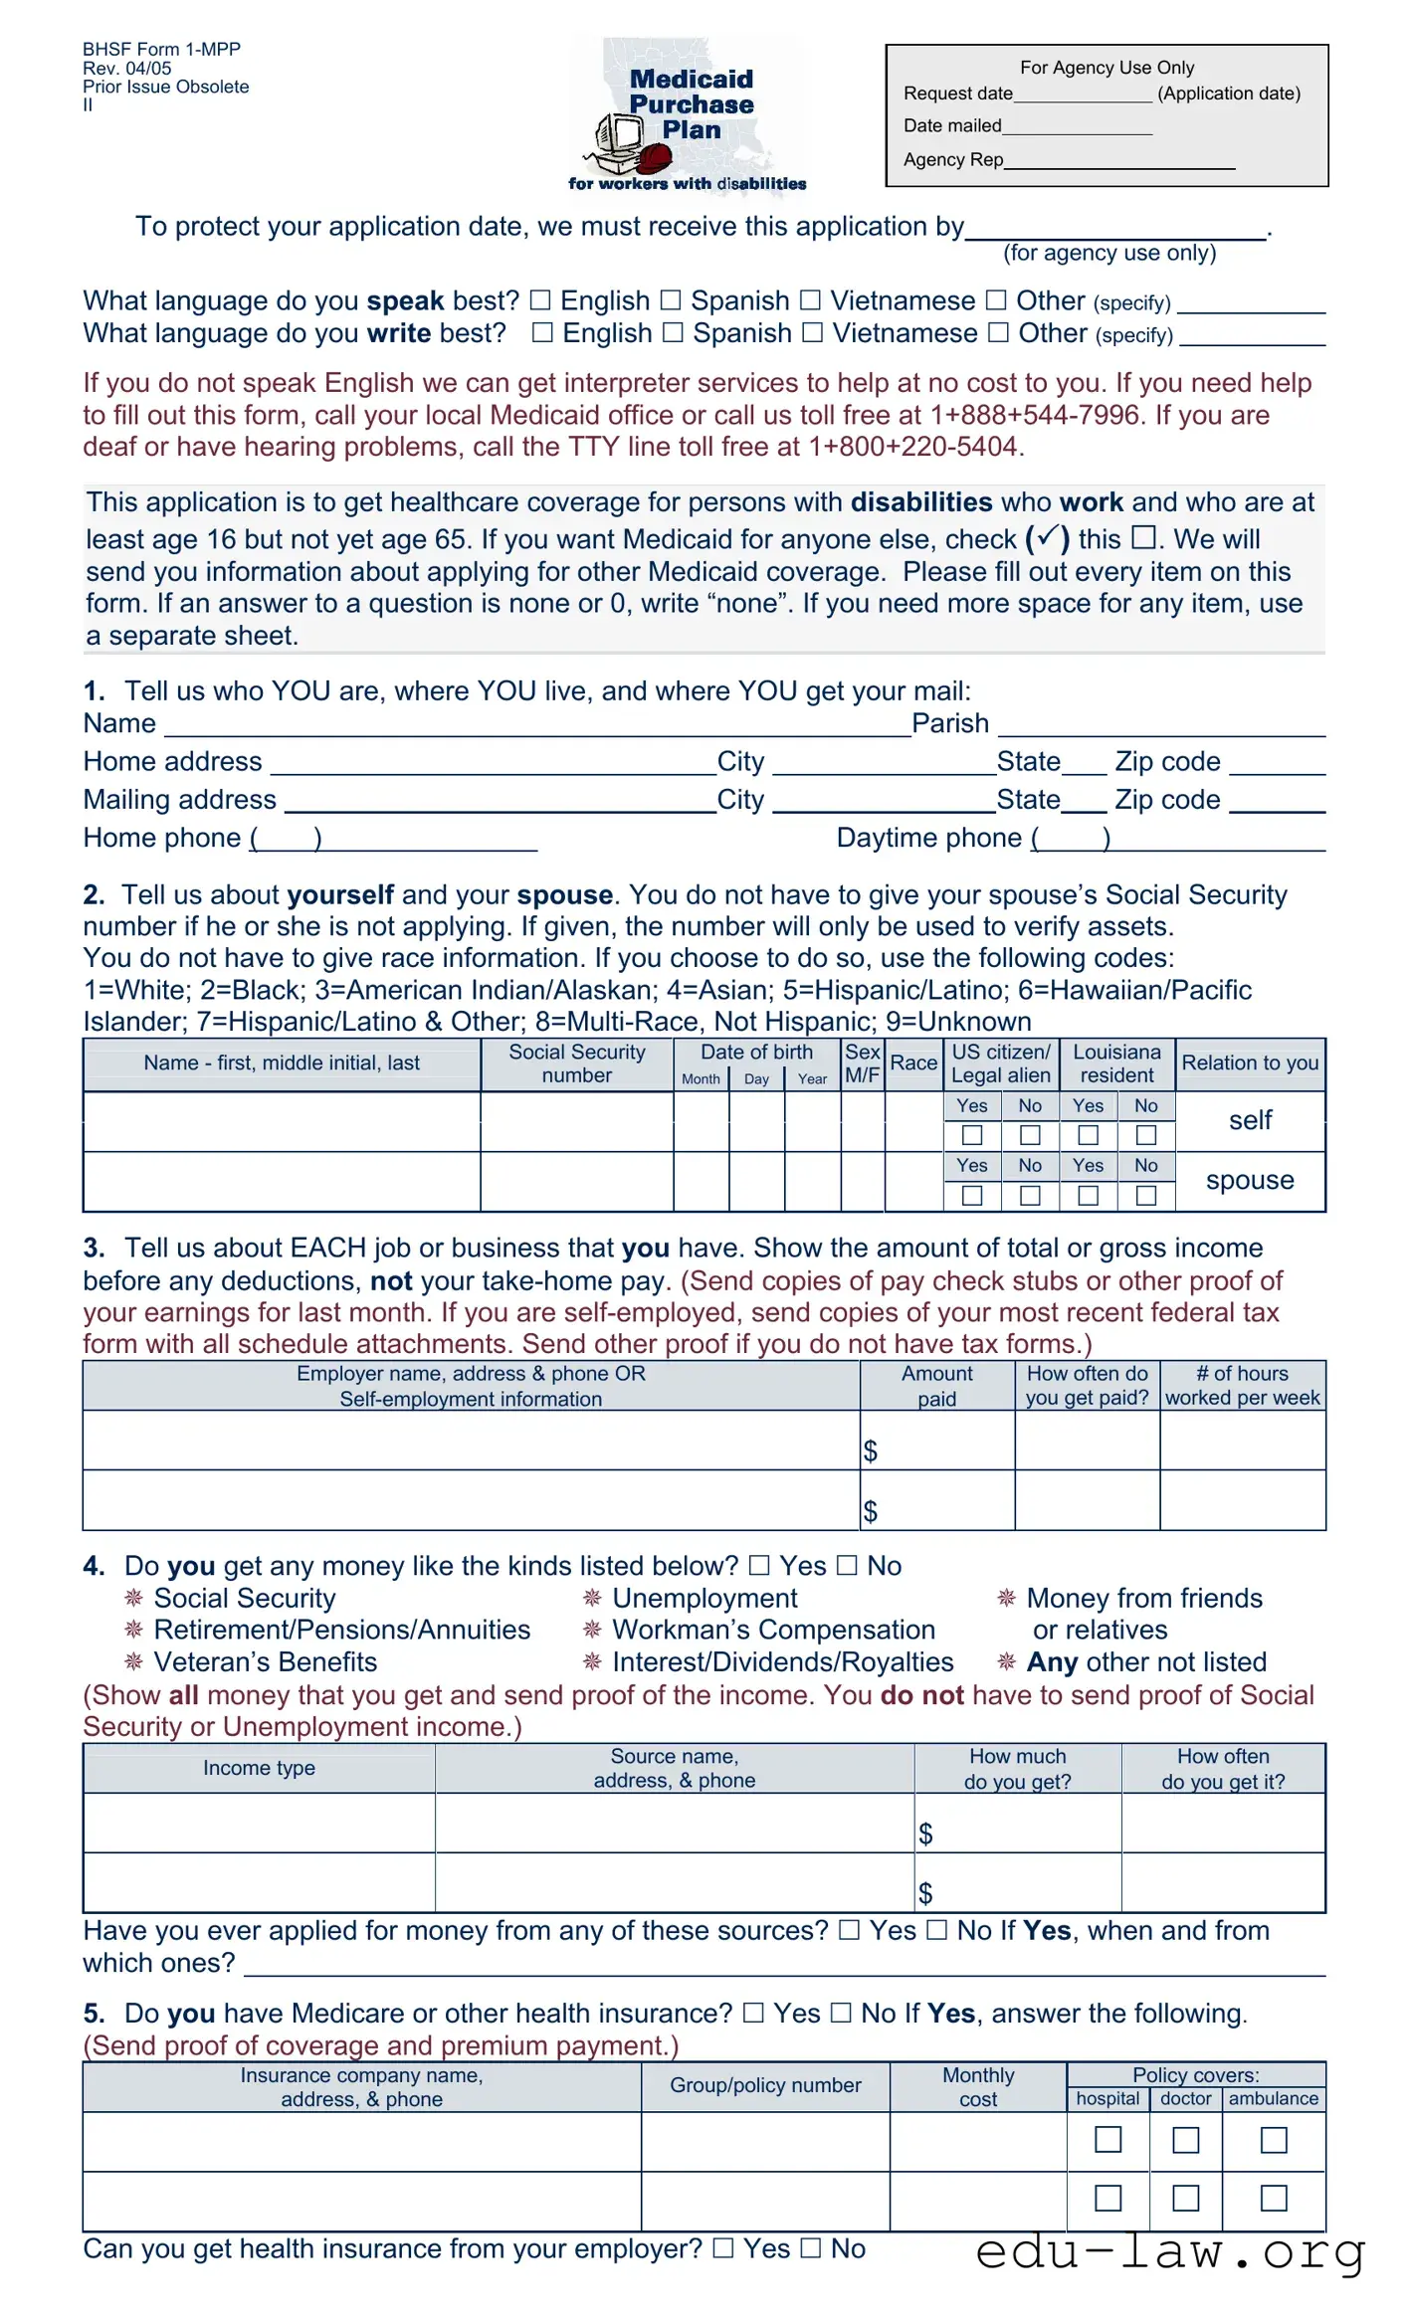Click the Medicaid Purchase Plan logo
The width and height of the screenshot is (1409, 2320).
pos(689,114)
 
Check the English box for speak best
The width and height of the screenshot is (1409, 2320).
pos(540,300)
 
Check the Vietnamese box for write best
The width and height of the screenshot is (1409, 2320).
pos(813,333)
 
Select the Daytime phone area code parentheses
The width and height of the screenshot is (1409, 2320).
pos(1071,839)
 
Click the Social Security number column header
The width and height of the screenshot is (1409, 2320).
pos(577,1063)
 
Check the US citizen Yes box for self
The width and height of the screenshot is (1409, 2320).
pos(972,1135)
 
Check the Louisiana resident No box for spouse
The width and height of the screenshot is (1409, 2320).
pos(1146,1195)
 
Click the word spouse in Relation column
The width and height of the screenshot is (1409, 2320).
pos(1250,1181)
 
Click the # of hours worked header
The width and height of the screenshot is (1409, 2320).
pos(1242,1385)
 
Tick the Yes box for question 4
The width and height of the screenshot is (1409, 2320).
pos(759,1566)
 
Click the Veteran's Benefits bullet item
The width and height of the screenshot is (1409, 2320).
pos(265,1662)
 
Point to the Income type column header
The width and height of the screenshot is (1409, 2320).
pos(259,1768)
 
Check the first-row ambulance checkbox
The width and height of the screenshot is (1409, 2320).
pos(1274,2140)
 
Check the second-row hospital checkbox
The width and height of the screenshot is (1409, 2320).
pos(1107,2198)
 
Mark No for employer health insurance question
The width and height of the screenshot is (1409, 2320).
pos(812,2248)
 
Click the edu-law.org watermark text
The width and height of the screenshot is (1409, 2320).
pos(1170,2252)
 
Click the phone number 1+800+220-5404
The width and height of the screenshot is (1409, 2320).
pos(913,447)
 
